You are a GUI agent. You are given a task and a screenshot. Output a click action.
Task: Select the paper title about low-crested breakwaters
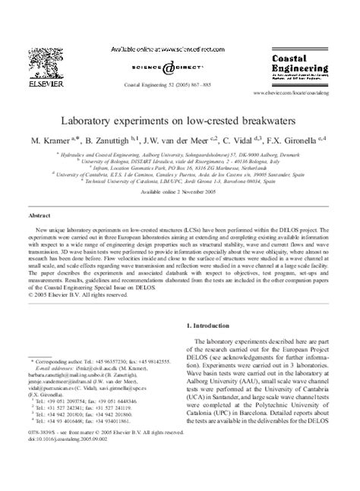pos(179,121)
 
